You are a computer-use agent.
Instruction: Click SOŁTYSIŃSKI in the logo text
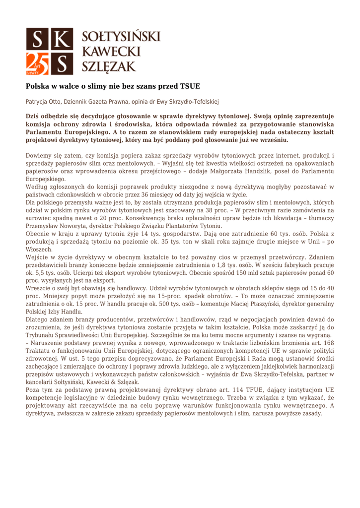coord(120,37)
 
